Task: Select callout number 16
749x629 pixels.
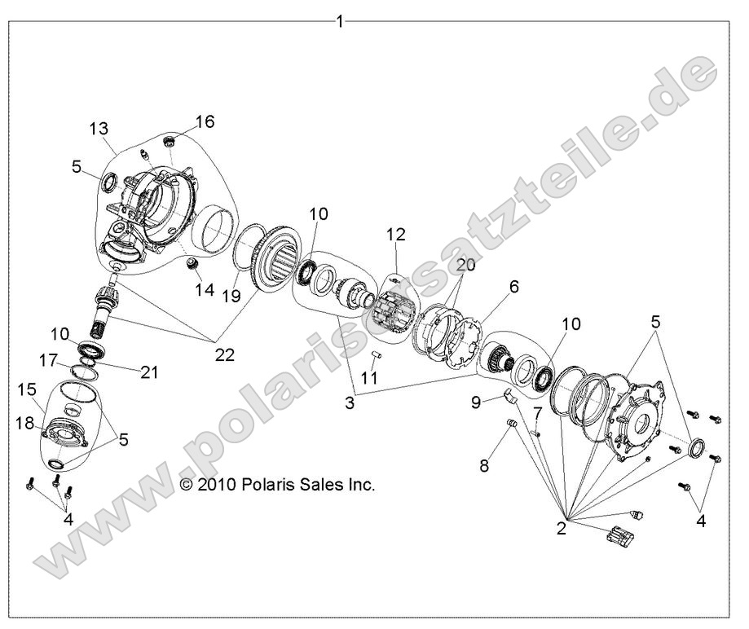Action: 205,122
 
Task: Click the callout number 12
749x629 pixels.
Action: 396,235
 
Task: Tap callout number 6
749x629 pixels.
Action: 513,287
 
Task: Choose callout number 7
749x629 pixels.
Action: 538,415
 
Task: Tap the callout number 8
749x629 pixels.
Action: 484,466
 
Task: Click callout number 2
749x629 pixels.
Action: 561,528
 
